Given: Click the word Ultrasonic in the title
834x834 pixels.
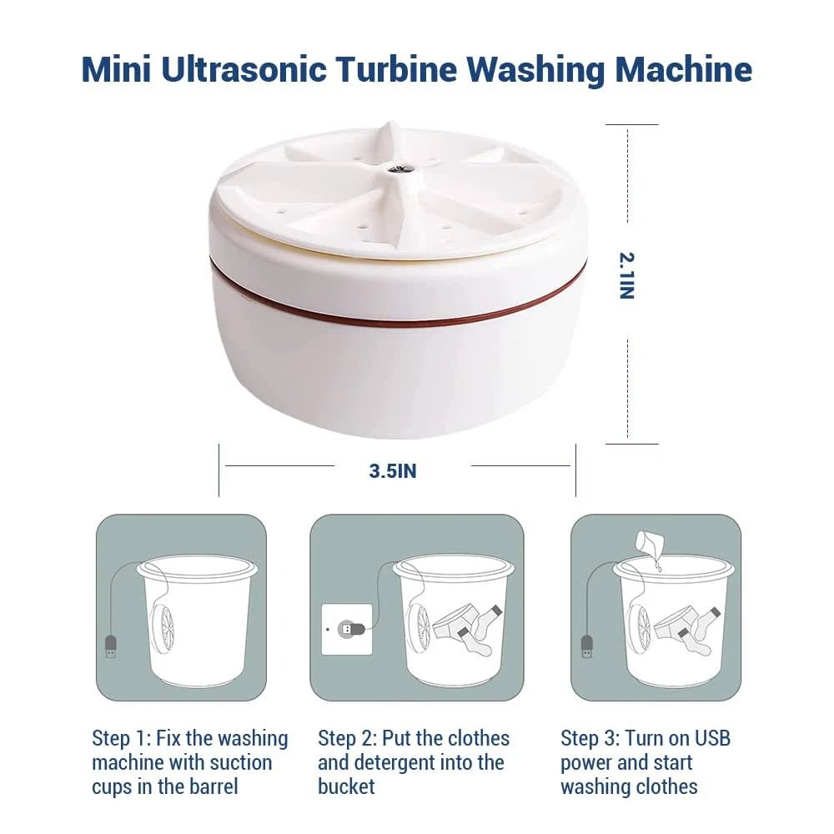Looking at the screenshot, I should [x=244, y=70].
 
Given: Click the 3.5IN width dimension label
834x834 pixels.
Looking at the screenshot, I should [x=393, y=471].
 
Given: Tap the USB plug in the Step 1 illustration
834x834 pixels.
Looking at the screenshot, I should [x=110, y=646].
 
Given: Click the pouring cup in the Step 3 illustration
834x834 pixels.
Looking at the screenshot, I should [x=650, y=543].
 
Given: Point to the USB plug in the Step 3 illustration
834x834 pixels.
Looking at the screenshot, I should [x=586, y=646].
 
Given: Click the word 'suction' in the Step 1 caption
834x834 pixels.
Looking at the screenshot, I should [x=243, y=763].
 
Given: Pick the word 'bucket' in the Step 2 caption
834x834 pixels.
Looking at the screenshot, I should [x=346, y=786].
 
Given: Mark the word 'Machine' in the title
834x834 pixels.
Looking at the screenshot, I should [x=684, y=70].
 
